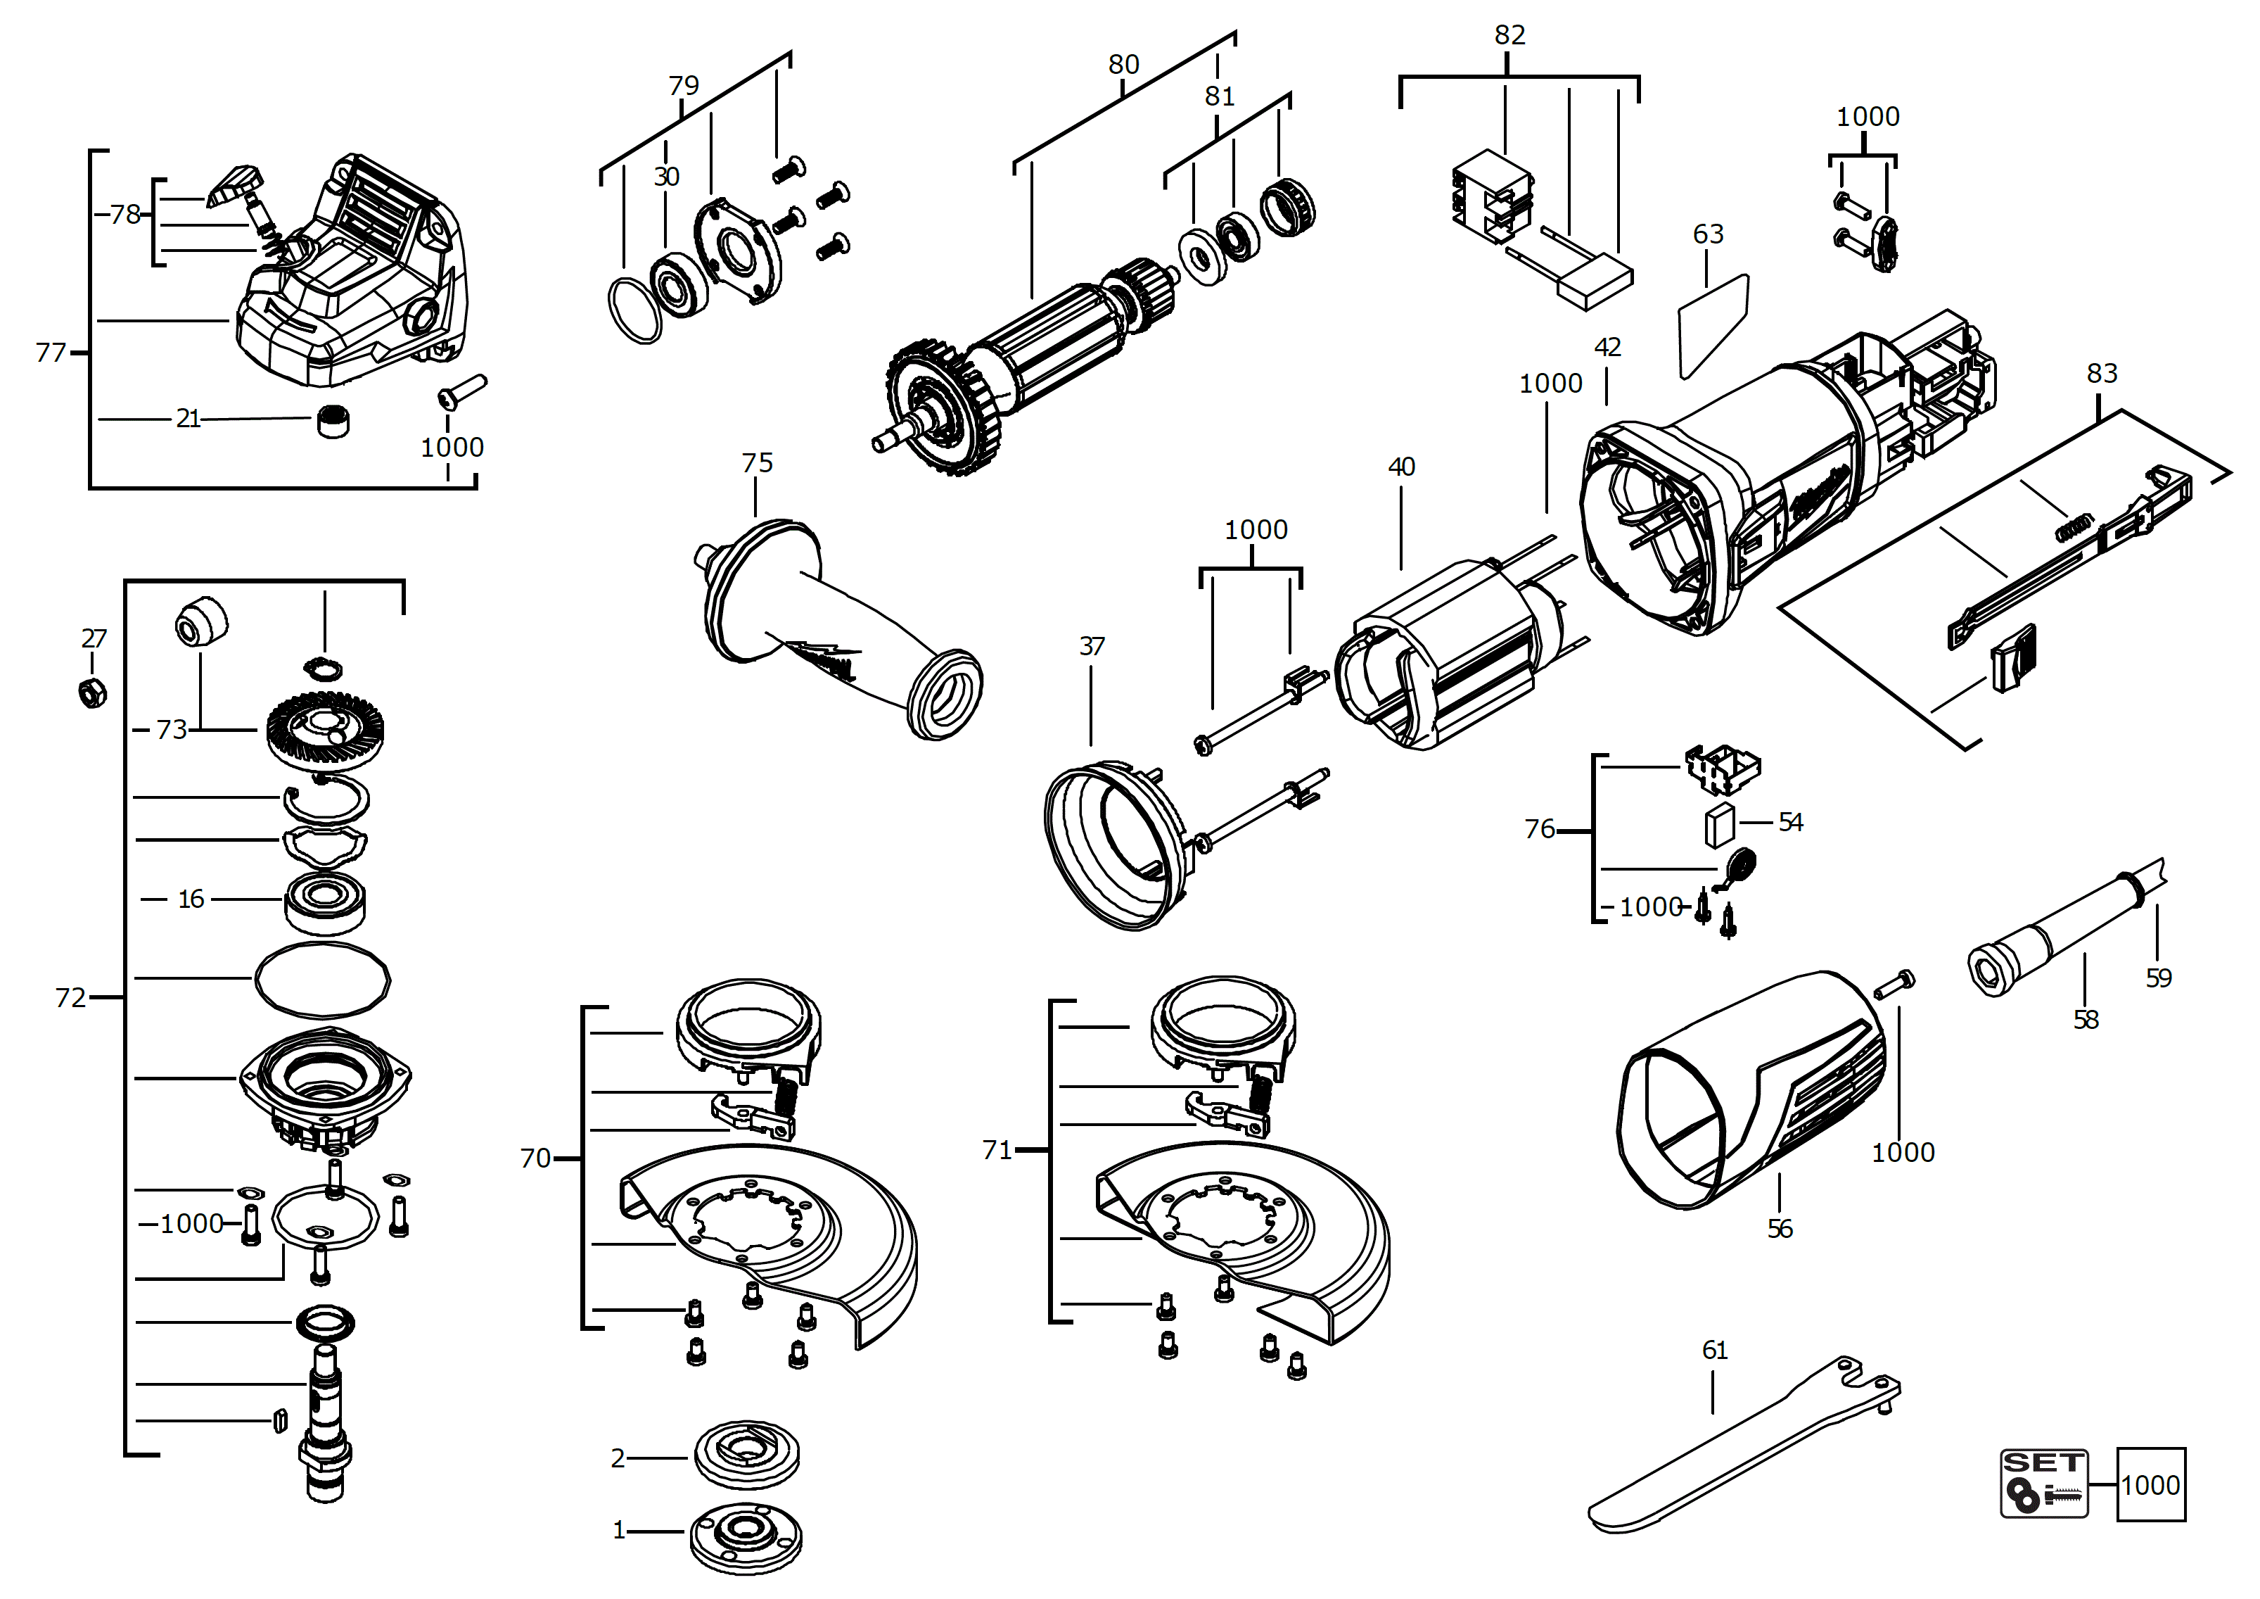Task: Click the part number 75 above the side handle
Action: click(756, 463)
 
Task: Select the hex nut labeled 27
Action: click(93, 693)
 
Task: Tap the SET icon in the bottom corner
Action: click(2043, 1483)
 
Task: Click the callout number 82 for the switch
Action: click(1509, 35)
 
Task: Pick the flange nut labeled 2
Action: click(746, 1455)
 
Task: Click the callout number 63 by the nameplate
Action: click(1708, 234)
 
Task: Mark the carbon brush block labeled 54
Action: click(1720, 824)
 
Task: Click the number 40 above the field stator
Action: click(1400, 467)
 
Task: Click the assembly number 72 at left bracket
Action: click(70, 999)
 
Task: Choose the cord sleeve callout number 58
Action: click(2085, 1020)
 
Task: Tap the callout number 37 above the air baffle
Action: click(1092, 647)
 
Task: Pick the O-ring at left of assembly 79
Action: click(635, 310)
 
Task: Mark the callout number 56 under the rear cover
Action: click(1780, 1229)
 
